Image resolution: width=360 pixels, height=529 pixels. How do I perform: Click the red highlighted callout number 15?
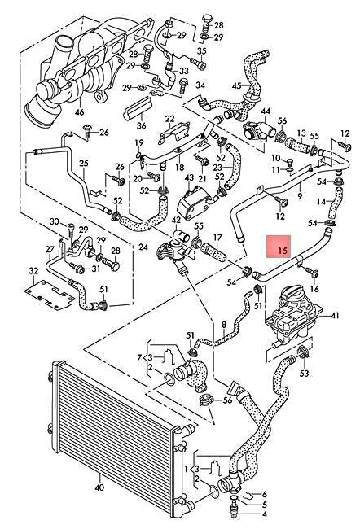pos(283,251)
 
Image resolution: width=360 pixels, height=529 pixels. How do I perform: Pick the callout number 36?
pos(141,125)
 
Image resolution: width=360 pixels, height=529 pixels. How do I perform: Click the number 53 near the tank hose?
pos(303,374)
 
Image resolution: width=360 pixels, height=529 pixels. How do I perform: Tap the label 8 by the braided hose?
pos(223,326)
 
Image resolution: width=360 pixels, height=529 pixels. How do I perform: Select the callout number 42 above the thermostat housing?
pos(176,220)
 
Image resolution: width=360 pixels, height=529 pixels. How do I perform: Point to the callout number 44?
pos(265,111)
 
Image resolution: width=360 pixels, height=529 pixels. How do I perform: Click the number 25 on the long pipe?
pos(82,164)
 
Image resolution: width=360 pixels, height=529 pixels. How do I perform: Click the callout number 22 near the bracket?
pos(170,120)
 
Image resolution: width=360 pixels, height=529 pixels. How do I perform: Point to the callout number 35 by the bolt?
pos(201,51)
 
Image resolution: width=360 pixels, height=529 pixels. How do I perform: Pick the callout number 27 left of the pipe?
pos(49,249)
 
